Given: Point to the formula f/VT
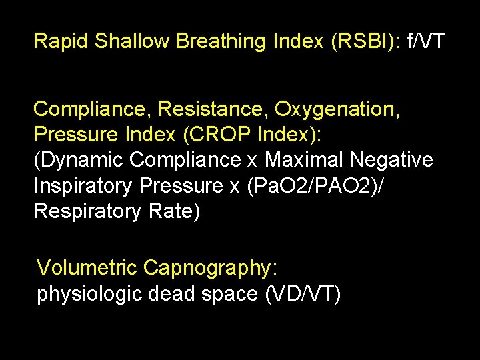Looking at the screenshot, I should (425, 41).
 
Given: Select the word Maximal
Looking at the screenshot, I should (304, 160).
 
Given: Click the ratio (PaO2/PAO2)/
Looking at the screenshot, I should (315, 186).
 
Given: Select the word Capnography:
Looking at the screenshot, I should (210, 268).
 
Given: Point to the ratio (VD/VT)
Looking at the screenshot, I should (301, 294).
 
